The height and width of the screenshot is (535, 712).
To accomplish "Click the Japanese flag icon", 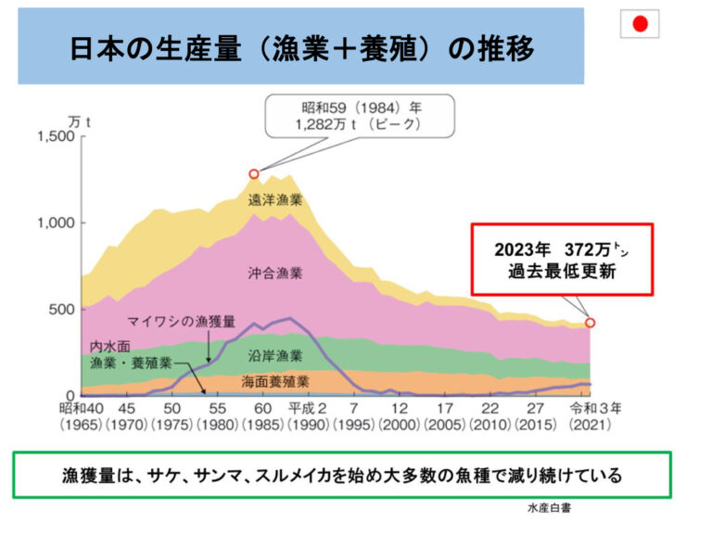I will tap(640, 24).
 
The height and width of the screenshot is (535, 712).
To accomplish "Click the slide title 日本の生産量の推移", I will tap(301, 48).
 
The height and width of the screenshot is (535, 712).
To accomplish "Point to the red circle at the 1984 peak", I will tap(254, 173).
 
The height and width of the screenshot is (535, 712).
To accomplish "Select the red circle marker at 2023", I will tap(591, 323).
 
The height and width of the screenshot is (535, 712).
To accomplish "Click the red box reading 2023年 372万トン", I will tap(563, 260).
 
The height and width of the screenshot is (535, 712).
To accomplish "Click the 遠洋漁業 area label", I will tap(275, 199).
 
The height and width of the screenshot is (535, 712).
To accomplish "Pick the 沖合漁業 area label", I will tap(275, 274).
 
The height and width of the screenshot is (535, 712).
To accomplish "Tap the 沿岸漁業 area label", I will tap(275, 355).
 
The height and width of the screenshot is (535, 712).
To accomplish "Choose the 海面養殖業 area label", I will tap(275, 381).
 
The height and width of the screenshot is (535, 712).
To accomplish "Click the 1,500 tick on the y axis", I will tap(54, 137).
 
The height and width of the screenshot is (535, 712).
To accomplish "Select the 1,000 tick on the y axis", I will tap(54, 223).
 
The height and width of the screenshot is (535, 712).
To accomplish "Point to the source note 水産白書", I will tap(550, 508).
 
